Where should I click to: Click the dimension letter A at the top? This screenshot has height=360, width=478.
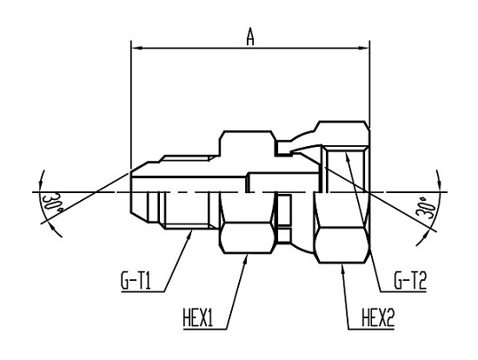[x=250, y=37]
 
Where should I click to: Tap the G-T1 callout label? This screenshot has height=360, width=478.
[x=136, y=281]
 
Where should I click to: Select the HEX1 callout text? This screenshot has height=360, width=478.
[x=198, y=318]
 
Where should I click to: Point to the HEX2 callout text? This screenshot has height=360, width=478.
[x=378, y=318]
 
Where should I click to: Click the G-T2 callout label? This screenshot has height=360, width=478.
[x=410, y=281]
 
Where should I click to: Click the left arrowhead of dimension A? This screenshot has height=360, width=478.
[x=137, y=48]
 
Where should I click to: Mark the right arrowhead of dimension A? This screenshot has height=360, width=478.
[x=363, y=48]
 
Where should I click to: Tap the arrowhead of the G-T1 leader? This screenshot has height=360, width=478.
[x=190, y=233]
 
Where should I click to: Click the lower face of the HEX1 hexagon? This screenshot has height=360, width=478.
[x=247, y=238]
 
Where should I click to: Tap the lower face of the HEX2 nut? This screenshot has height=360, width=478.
[x=342, y=244]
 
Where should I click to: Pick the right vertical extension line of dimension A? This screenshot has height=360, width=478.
[x=369, y=83]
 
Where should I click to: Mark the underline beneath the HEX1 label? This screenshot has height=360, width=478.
[x=205, y=330]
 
